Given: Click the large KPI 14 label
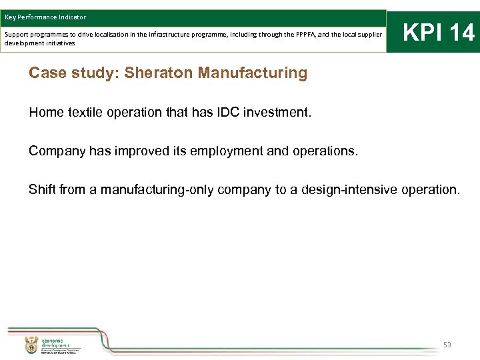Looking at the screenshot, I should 439,32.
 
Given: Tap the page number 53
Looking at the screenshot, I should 447,345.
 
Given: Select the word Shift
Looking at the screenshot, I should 42,190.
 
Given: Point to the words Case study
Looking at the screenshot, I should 72,73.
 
